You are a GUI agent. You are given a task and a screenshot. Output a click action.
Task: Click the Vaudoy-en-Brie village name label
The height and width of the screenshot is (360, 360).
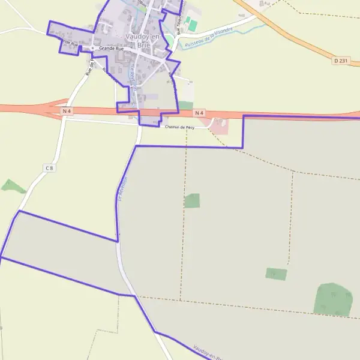[135, 40]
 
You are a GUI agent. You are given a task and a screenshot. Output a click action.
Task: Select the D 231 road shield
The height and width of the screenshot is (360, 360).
[340, 60]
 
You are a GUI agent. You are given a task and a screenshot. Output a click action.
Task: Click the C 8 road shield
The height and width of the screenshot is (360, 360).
[49, 168]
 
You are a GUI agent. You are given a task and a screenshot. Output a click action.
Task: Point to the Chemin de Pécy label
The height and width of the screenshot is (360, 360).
[180, 127]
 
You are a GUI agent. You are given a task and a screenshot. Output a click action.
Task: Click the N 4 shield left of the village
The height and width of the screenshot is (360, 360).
[67, 111]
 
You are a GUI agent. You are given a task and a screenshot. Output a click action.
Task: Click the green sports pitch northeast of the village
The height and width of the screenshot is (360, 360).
[192, 25]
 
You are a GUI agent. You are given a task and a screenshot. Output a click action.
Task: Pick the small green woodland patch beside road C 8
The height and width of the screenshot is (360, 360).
[12, 186]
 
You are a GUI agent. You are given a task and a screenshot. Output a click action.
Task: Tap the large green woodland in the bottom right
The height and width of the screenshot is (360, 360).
[334, 299]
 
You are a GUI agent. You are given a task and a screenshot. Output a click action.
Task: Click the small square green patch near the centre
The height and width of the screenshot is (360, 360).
[192, 200]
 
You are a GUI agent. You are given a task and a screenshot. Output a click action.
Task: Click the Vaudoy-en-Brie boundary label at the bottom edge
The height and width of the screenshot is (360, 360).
[207, 352]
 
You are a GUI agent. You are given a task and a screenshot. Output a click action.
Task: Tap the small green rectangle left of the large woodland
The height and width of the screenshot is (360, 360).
[276, 274]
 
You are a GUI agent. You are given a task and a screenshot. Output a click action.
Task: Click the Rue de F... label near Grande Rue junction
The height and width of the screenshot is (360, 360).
[89, 67]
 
